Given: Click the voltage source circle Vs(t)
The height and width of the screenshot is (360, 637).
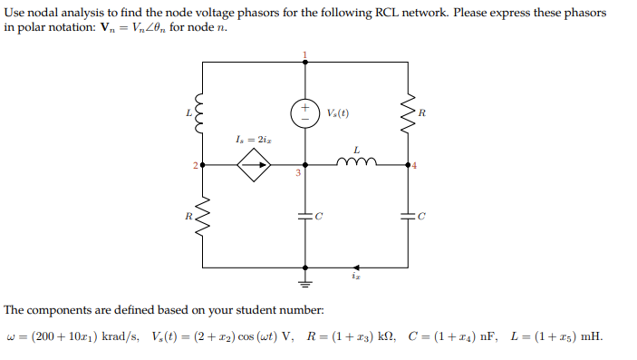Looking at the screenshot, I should [304, 112].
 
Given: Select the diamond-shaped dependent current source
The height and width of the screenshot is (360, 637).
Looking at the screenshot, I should [253, 166].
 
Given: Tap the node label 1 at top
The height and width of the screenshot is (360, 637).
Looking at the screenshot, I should [304, 56].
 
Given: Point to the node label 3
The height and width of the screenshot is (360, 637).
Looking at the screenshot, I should [296, 174].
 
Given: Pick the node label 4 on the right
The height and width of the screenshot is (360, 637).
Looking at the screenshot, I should [415, 166].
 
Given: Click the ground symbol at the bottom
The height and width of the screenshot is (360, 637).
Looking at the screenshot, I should [304, 276].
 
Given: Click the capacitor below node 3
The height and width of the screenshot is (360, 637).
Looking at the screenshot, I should [304, 217].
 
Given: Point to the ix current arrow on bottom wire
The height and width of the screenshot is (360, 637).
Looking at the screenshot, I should [356, 268].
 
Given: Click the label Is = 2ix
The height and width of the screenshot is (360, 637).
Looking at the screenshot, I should [252, 141].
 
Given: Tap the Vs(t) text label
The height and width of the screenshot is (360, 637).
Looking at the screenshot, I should [337, 113].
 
